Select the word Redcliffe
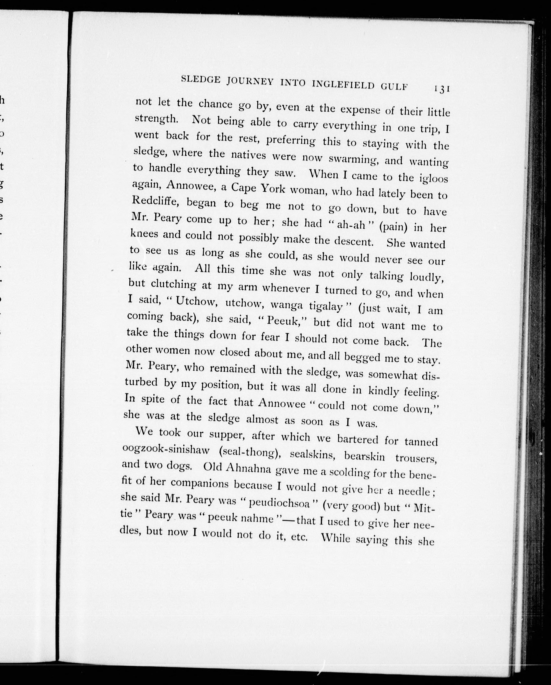click(x=155, y=201)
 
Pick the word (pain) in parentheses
click(x=393, y=227)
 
